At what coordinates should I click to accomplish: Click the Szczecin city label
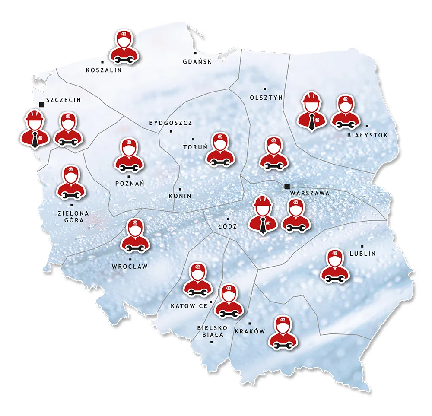[x=63, y=100]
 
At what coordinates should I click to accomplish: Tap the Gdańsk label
[x=197, y=62]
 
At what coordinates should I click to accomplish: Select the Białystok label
[x=368, y=135]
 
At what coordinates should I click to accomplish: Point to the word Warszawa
[x=310, y=193]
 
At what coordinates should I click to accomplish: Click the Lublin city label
[x=363, y=254]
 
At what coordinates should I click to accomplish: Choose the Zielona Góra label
[x=73, y=217]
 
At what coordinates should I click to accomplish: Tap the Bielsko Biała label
[x=210, y=331]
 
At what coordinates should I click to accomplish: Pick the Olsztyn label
[x=266, y=98]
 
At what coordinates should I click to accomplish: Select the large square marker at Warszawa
[x=287, y=187]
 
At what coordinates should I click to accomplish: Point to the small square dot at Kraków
[x=250, y=324]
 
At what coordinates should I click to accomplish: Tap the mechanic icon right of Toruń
[x=221, y=149]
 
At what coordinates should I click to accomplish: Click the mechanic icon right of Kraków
[x=283, y=332]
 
